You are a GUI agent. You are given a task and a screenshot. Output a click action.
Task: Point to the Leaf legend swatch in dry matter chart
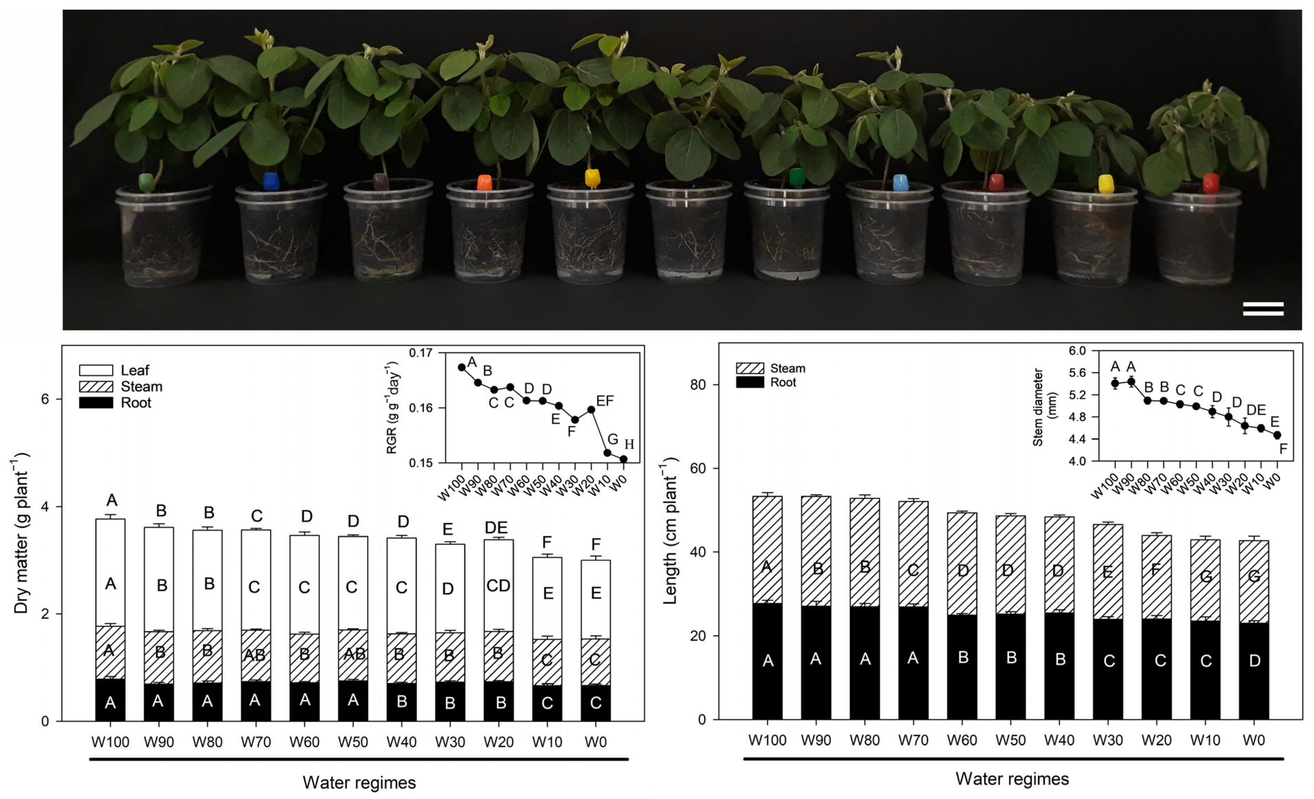[96, 370]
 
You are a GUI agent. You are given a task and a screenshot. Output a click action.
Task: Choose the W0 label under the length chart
[1253, 740]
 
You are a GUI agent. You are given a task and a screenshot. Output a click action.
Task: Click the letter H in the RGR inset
[629, 444]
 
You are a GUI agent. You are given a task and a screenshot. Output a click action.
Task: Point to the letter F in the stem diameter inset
[1283, 449]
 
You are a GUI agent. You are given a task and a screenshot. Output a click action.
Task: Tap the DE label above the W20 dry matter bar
[496, 527]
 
